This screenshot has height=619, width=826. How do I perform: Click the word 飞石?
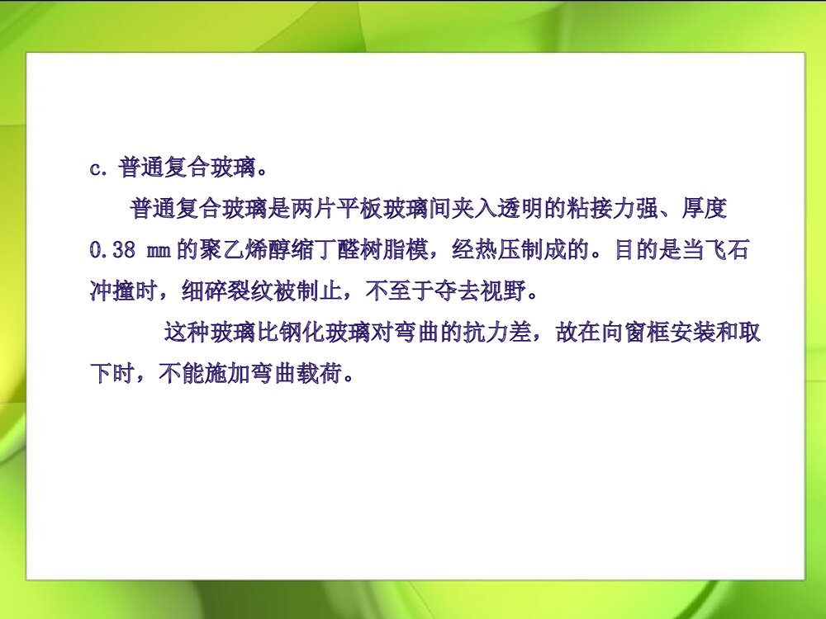pyautogui.click(x=729, y=250)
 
